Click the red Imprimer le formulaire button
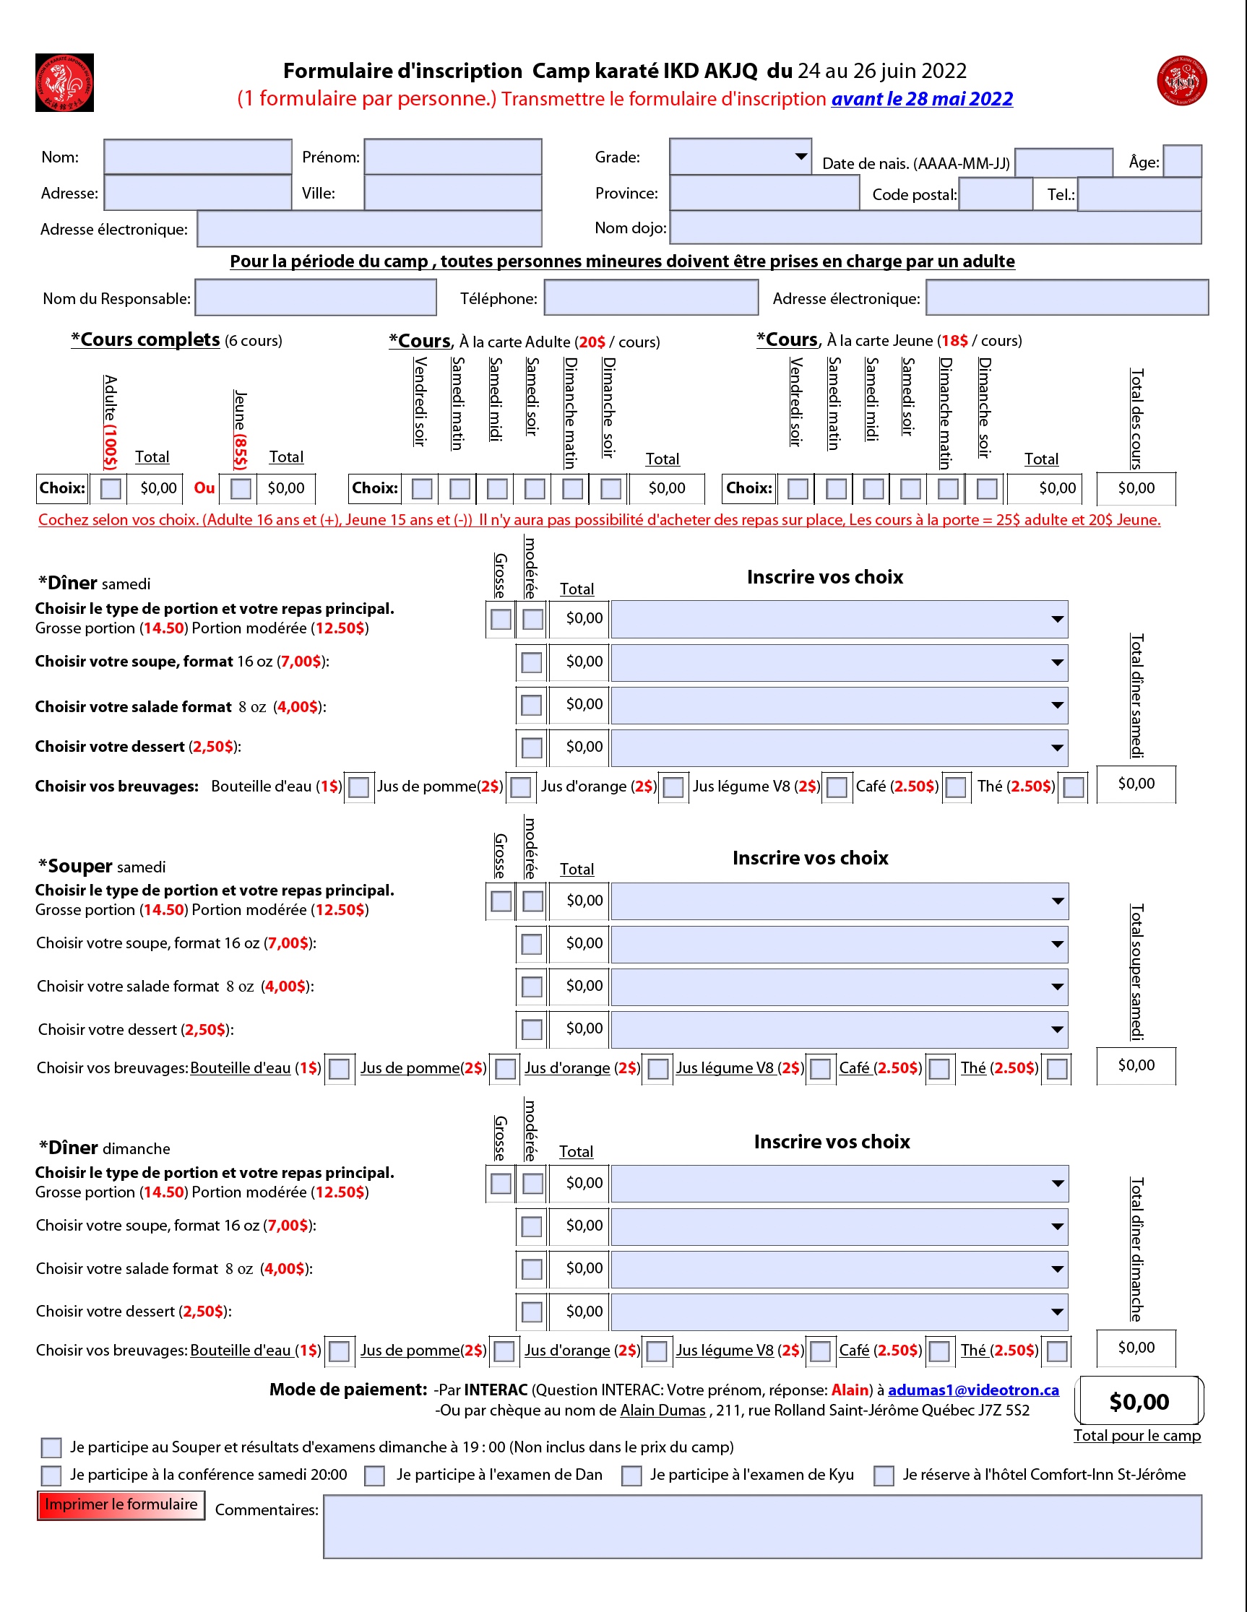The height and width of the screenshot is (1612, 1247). tap(121, 1505)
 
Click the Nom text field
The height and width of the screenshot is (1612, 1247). tap(198, 157)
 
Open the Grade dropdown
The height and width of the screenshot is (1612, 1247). tap(741, 156)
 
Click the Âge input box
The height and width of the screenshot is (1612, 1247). tap(1182, 161)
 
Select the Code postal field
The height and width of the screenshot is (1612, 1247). tap(996, 194)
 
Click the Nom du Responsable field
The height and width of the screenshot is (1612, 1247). tap(315, 298)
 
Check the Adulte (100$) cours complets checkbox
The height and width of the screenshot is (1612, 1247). tap(111, 489)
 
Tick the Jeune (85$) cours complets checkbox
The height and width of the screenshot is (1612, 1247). tap(241, 489)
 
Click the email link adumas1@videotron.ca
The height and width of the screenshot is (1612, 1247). tap(973, 1390)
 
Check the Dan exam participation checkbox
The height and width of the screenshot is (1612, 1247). tap(375, 1475)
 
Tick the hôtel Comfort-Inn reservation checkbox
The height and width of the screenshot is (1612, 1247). tap(884, 1475)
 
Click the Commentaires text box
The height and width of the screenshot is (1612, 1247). tap(762, 1526)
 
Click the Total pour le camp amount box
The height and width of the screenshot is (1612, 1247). tap(1139, 1400)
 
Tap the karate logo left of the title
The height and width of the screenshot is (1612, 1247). tap(64, 82)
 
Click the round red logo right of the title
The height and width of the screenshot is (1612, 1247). tap(1182, 80)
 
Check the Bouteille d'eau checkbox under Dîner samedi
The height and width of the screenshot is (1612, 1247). tap(359, 786)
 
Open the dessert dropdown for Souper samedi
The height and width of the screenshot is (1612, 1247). tap(840, 1030)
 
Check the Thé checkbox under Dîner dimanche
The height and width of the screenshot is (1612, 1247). tap(1057, 1351)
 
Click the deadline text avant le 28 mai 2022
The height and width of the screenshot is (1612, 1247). tap(922, 99)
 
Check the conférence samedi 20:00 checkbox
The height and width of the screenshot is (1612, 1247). tap(51, 1475)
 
